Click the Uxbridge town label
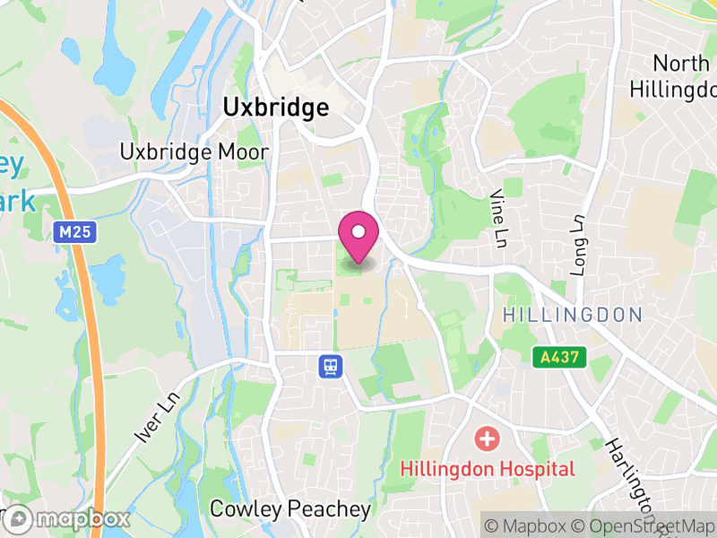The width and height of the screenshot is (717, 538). pyautogui.click(x=275, y=108)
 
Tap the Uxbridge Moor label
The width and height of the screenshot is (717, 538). pyautogui.click(x=194, y=152)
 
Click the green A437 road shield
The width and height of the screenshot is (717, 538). pyautogui.click(x=560, y=357)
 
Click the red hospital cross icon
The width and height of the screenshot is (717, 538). pyautogui.click(x=487, y=439)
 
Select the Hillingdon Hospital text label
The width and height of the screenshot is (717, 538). pyautogui.click(x=487, y=468)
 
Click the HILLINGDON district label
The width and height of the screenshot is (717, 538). pyautogui.click(x=573, y=315)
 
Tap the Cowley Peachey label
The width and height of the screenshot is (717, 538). pyautogui.click(x=289, y=509)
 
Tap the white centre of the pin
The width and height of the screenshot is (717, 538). pyautogui.click(x=358, y=232)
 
